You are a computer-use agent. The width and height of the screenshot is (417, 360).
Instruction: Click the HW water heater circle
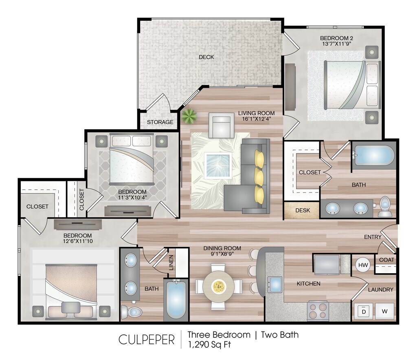click(x=363, y=265)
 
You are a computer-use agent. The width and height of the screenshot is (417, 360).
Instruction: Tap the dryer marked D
click(x=364, y=311)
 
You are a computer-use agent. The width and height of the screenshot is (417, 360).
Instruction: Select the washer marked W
click(x=384, y=311)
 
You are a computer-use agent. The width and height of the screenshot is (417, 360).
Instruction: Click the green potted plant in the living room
click(x=189, y=116)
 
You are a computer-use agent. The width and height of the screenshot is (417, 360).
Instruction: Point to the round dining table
click(x=219, y=287)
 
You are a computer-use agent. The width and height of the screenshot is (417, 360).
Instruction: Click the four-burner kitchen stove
click(x=318, y=311)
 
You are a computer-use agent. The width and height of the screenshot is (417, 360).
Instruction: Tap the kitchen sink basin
click(x=275, y=285)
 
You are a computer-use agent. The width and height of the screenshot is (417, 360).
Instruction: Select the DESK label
click(x=303, y=210)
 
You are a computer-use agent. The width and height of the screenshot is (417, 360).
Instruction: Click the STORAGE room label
click(x=160, y=122)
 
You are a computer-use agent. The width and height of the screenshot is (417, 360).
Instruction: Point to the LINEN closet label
click(x=171, y=263)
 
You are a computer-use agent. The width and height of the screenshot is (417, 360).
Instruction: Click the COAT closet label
click(x=387, y=260)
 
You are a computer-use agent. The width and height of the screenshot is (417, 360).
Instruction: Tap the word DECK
click(x=206, y=57)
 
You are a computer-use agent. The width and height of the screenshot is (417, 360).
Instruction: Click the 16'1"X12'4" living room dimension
click(x=256, y=119)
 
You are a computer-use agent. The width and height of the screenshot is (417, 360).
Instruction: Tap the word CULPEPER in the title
click(x=147, y=340)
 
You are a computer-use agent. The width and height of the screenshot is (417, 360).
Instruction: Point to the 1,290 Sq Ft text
click(x=209, y=345)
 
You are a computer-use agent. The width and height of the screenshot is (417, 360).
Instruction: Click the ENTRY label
click(x=373, y=237)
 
